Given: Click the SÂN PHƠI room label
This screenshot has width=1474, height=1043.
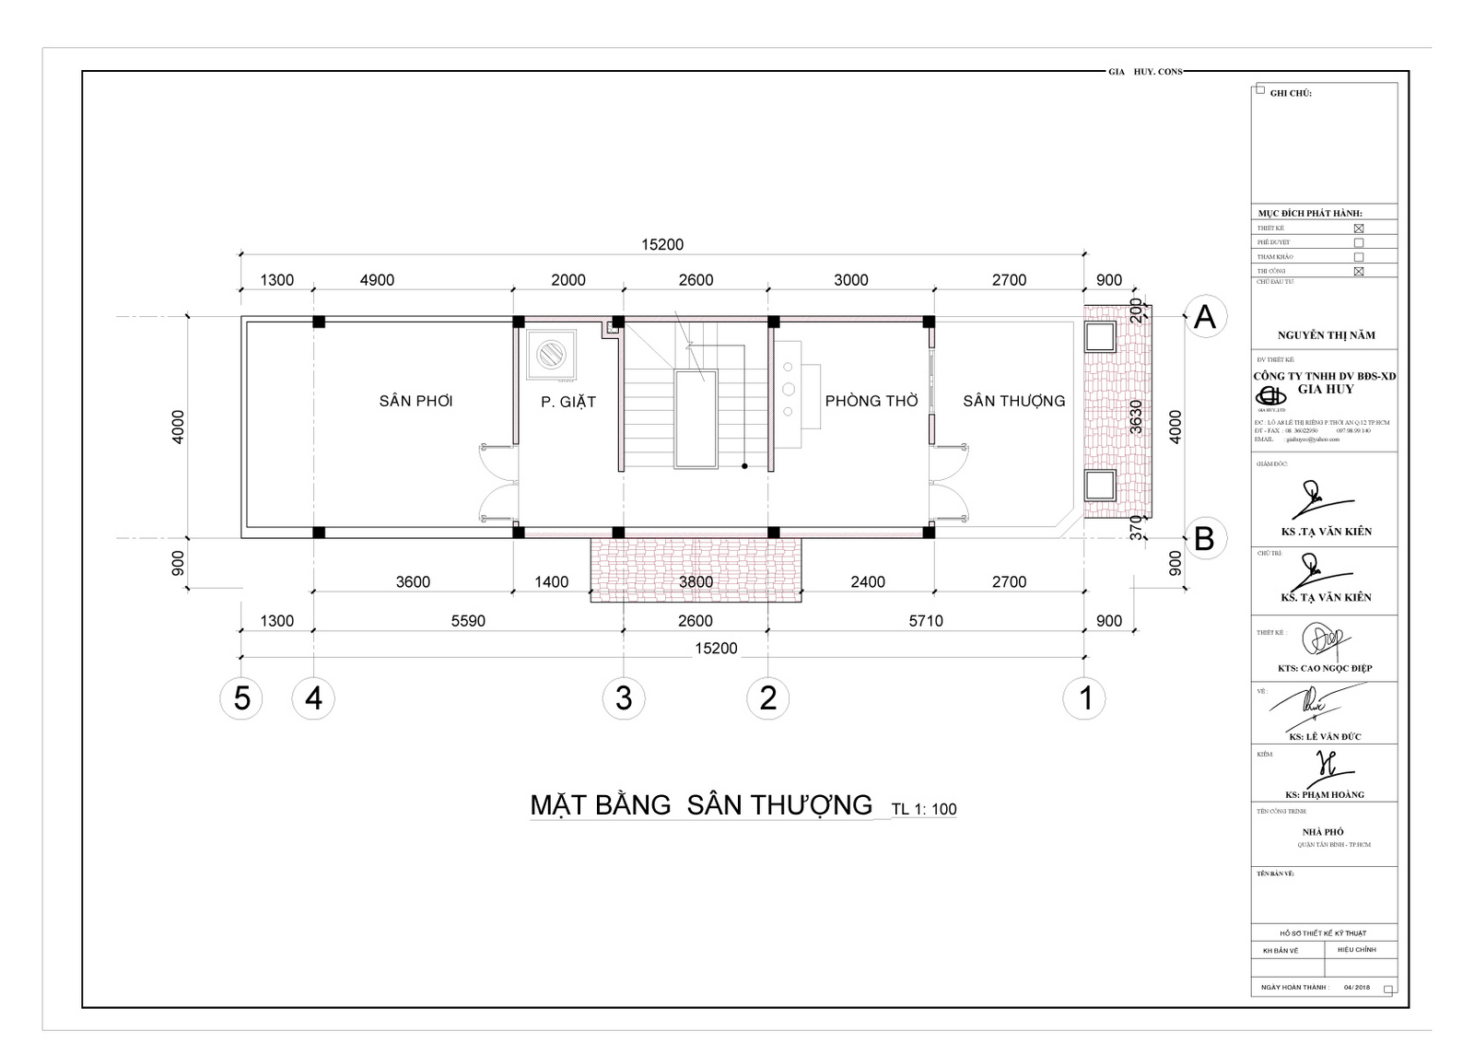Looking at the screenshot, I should pos(415,401).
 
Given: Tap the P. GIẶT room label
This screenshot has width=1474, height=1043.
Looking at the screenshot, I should pos(567,402).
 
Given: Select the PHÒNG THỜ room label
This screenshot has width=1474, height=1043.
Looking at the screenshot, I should pos(872,401).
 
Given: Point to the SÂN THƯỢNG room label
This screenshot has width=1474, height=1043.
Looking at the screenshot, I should pos(1013,401).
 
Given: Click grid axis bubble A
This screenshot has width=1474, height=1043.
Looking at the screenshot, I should pos(1204,317).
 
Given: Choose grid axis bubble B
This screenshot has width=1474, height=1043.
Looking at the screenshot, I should pos(1204,538).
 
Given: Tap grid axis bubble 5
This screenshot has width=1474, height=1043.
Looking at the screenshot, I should pos(241,698).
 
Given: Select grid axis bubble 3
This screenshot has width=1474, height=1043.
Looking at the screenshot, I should pos(624,698).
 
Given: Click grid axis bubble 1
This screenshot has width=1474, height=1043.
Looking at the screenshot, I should pos(1085,698).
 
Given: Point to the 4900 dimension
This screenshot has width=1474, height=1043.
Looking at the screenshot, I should pos(377,280).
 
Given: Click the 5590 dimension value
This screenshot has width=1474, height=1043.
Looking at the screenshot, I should pos(468,621).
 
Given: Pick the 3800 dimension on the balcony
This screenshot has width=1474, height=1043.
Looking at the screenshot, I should pos(696,582).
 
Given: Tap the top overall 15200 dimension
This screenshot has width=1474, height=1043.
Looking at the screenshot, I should pos(662,245).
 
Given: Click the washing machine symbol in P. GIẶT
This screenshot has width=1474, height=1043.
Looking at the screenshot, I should pos(553,354).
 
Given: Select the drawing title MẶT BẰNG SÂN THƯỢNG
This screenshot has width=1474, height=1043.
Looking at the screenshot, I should pos(701,804).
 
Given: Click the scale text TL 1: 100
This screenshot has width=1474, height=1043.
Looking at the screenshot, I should pos(924,810).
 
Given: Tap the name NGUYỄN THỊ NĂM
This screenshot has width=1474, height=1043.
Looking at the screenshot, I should pos(1326,335).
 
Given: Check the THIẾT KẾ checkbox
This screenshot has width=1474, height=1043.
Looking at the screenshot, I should pos(1358,229).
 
